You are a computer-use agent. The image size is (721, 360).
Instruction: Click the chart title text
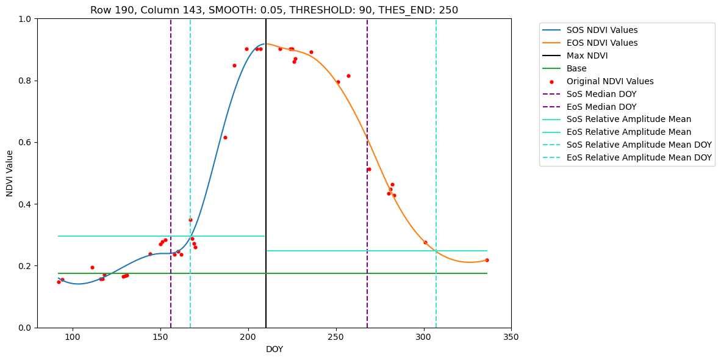[274, 10]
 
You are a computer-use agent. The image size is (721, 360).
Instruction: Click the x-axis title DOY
[274, 350]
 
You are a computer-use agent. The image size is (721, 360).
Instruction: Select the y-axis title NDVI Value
[10, 173]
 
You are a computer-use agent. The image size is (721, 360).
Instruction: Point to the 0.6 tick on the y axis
[24, 143]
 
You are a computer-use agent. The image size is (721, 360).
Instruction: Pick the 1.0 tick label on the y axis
[24, 19]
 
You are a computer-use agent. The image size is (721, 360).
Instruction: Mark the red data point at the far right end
[487, 260]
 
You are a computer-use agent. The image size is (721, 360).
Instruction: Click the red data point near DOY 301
[425, 242]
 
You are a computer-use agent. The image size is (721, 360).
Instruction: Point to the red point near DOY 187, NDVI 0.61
[225, 137]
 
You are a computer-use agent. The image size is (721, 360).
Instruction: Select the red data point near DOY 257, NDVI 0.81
[348, 76]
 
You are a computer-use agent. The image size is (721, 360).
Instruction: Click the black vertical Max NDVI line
[266, 183]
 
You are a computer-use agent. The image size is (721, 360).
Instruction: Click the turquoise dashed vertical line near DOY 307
[436, 122]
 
